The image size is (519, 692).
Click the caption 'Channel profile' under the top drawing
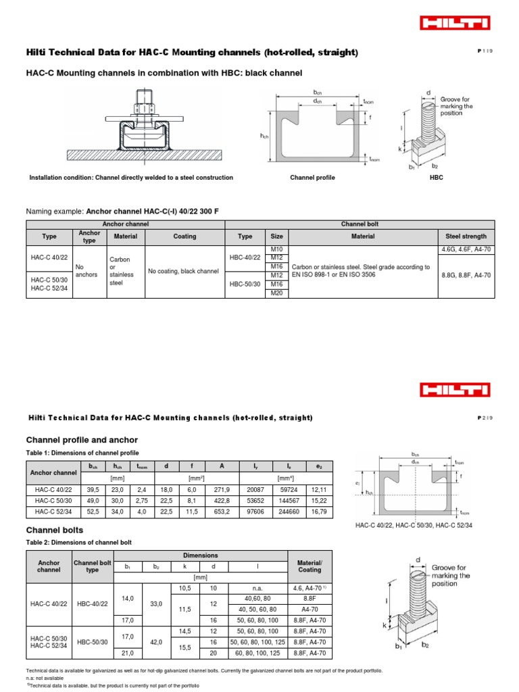coord(312,178)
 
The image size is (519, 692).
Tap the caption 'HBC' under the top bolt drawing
coord(437,178)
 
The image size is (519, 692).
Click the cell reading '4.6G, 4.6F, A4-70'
coord(466,250)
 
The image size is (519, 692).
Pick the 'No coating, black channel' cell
coord(184,271)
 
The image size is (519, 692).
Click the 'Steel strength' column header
coord(466,237)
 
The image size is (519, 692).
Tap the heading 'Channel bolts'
coord(54,530)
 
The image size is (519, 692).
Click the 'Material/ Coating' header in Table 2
coord(310,565)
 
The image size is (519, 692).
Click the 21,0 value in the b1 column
coord(128,653)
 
